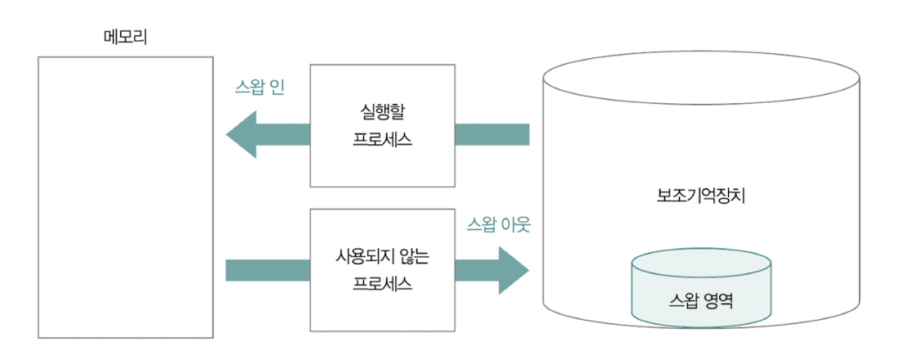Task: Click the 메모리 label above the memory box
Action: tap(125, 37)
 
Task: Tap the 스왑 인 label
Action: tap(259, 87)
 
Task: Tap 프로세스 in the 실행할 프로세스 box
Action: tap(382, 138)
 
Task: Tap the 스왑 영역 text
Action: tap(700, 299)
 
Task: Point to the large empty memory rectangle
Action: tap(125, 196)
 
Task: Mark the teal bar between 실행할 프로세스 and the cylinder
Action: tap(492, 135)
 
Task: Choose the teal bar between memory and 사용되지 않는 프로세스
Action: tap(267, 269)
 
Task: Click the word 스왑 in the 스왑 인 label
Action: tap(249, 87)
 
